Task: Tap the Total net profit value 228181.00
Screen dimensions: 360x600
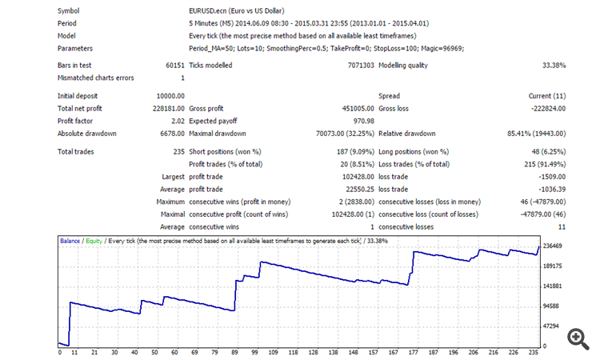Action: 166,108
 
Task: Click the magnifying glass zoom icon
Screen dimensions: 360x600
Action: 578,338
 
